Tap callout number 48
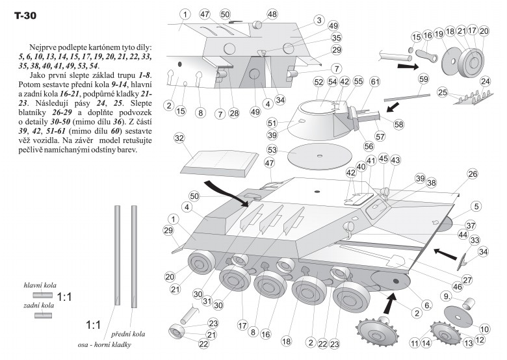pos(271,14)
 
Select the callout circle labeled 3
pos(318,21)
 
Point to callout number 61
pos(375,82)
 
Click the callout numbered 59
pos(423,79)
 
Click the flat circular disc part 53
pos(319,157)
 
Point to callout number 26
pos(473,174)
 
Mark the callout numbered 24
pos(484,81)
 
